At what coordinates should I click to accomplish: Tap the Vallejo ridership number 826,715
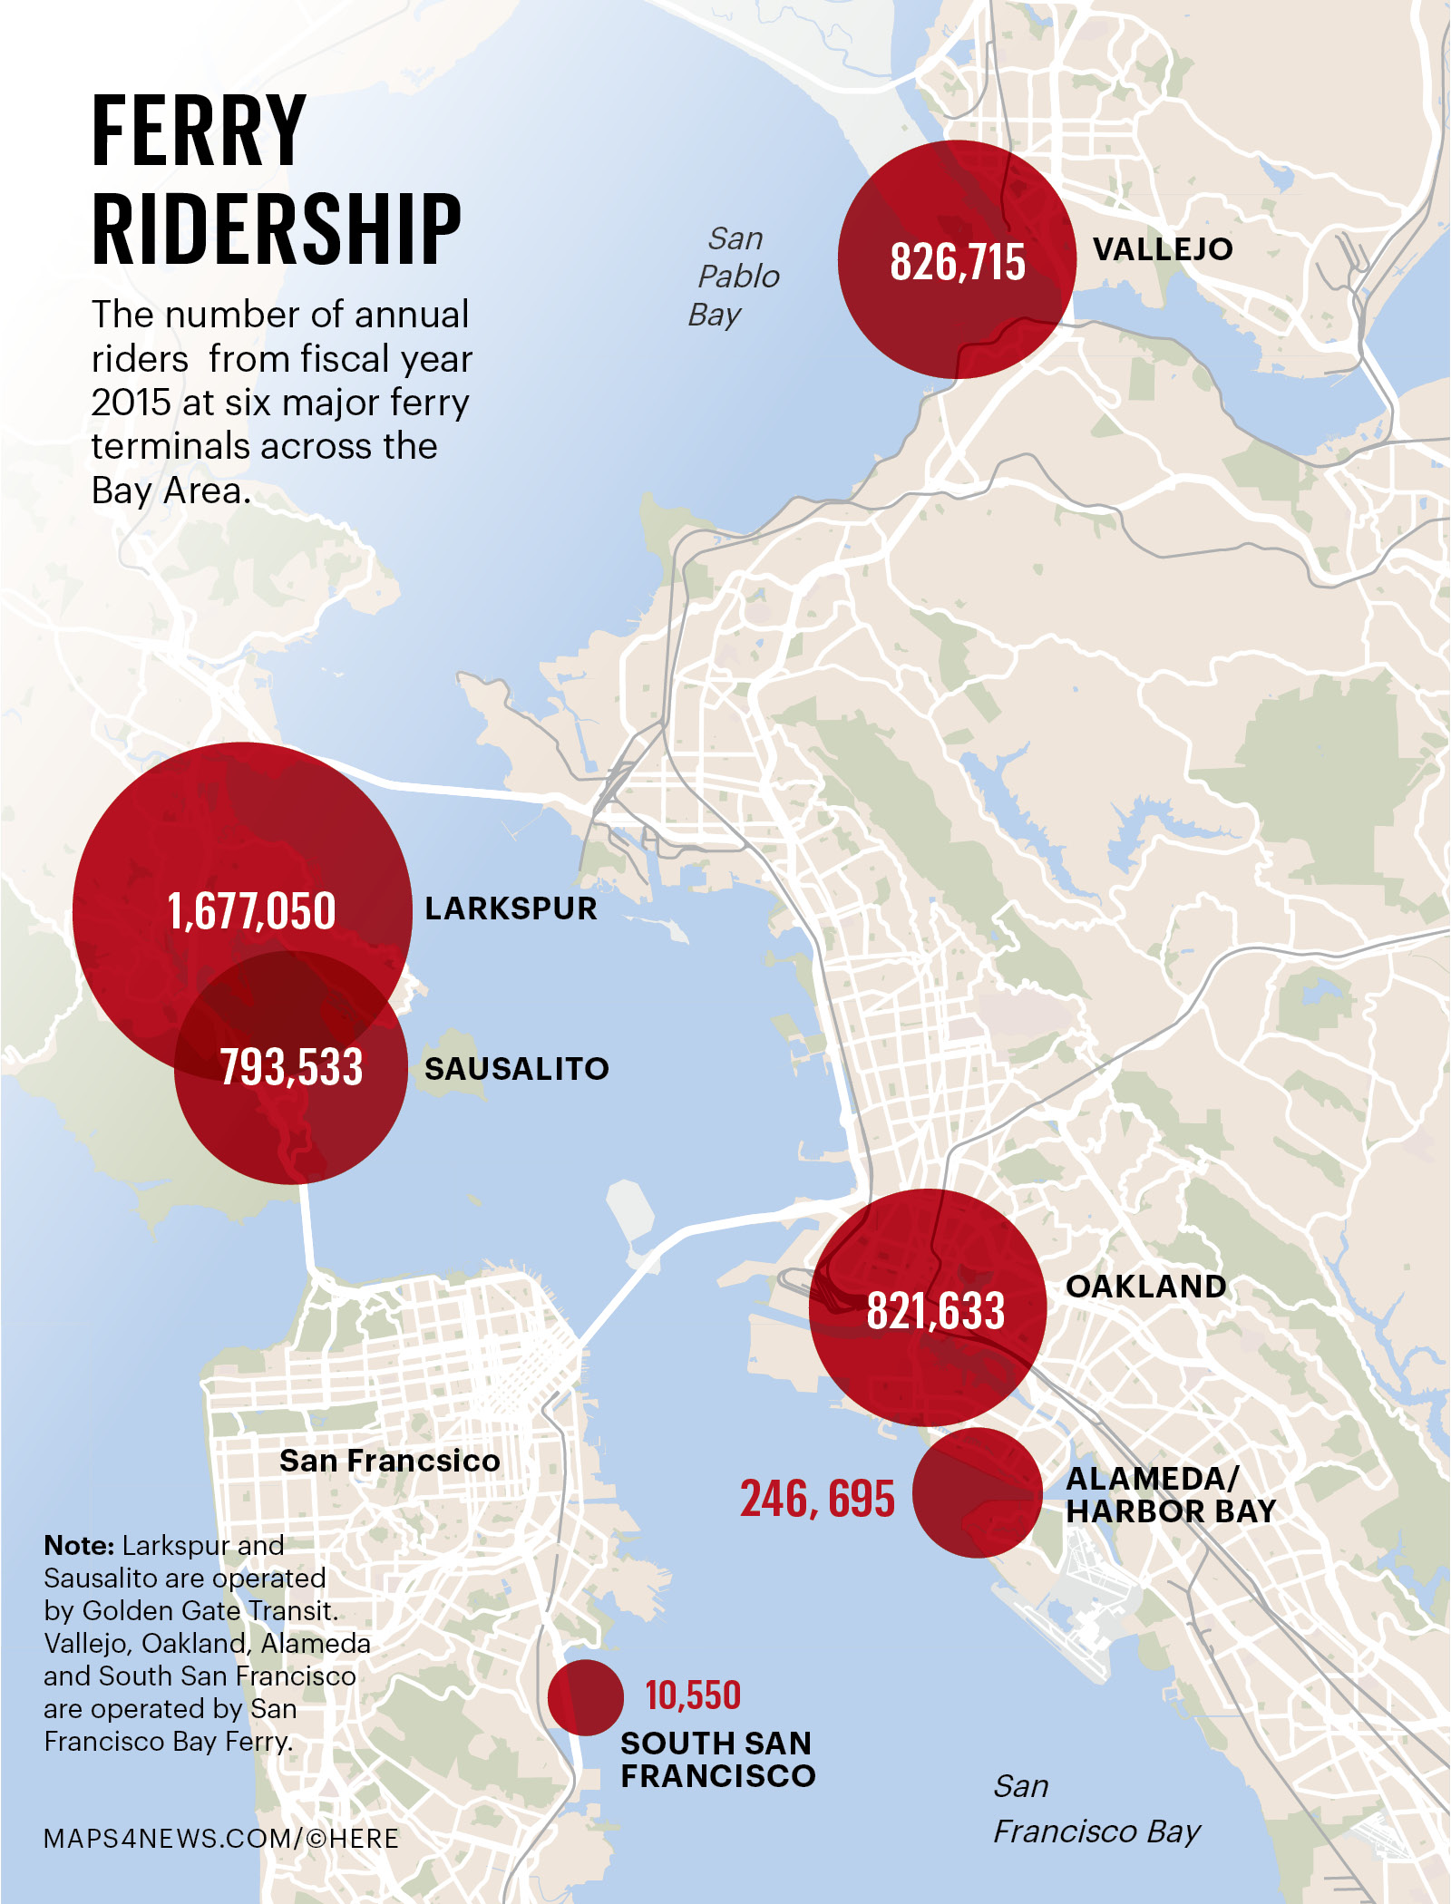(x=957, y=262)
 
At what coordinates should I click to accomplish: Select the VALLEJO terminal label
(x=1162, y=248)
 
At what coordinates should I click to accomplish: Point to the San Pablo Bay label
(x=734, y=277)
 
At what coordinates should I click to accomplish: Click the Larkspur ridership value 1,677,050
(x=251, y=910)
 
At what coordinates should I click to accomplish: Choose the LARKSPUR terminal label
(x=511, y=908)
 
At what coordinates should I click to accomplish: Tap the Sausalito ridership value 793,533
(x=291, y=1066)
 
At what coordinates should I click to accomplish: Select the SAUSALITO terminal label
(x=516, y=1068)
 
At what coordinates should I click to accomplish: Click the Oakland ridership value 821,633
(x=935, y=1311)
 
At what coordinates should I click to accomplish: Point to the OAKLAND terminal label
(x=1145, y=1286)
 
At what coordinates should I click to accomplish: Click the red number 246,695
(x=817, y=1498)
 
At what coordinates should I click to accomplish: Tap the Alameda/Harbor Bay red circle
(x=978, y=1493)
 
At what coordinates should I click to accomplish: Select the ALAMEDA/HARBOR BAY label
(x=1170, y=1494)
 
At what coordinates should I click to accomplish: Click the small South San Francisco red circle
(x=585, y=1697)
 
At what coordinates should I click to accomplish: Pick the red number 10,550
(x=693, y=1695)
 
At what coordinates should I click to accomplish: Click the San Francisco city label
(x=389, y=1461)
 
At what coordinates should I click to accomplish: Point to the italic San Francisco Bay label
(x=1096, y=1809)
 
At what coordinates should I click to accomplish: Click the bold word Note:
(x=79, y=1545)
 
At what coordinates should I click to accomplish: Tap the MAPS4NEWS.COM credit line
(x=221, y=1838)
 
